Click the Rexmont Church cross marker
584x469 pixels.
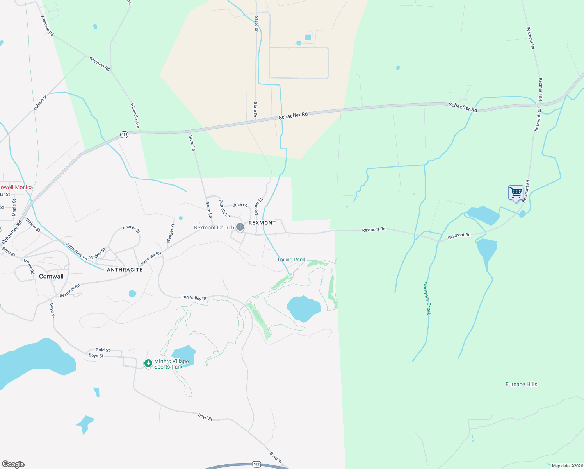pyautogui.click(x=240, y=227)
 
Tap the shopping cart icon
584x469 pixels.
pyautogui.click(x=516, y=193)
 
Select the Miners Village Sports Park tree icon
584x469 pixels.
pyautogui.click(x=148, y=364)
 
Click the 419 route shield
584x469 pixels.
pyautogui.click(x=124, y=134)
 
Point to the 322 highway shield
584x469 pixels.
pyautogui.click(x=256, y=464)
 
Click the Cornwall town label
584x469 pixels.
pyautogui.click(x=51, y=276)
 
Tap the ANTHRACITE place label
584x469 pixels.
pyautogui.click(x=125, y=270)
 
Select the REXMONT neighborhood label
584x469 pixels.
pyautogui.click(x=262, y=223)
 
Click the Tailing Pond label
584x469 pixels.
pyautogui.click(x=291, y=260)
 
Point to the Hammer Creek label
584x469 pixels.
pyautogui.click(x=427, y=298)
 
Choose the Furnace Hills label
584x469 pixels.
pyautogui.click(x=521, y=384)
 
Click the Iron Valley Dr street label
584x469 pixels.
pyautogui.click(x=194, y=298)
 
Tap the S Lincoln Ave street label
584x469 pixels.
pyautogui.click(x=135, y=116)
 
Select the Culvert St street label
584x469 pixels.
pyautogui.click(x=41, y=103)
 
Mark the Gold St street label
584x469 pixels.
pyautogui.click(x=103, y=350)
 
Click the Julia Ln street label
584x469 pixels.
pyautogui.click(x=240, y=205)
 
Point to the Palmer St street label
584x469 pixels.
pyautogui.click(x=131, y=229)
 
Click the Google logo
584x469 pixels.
pyautogui.click(x=13, y=464)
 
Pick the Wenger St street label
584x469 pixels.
pyautogui.click(x=171, y=233)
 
